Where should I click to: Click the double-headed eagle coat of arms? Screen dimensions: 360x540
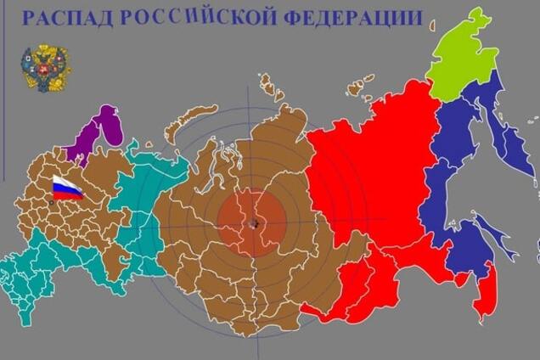45,68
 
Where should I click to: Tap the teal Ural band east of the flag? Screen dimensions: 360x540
136,212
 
